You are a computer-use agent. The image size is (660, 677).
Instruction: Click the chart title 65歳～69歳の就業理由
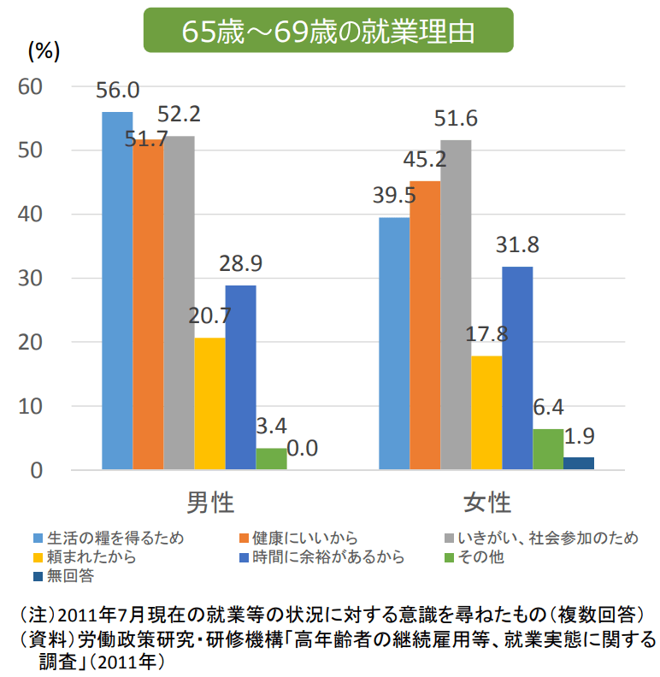(x=328, y=32)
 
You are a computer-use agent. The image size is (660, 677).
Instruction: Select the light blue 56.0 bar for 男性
(x=117, y=291)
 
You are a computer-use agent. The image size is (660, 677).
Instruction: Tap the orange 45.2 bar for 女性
(x=425, y=325)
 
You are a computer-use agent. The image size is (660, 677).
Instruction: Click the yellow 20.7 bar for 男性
(x=209, y=403)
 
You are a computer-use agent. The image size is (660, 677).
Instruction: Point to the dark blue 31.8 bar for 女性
(x=517, y=368)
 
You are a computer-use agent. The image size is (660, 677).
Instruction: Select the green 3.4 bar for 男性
(x=271, y=459)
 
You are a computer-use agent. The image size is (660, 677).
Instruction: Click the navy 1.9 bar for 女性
(x=579, y=463)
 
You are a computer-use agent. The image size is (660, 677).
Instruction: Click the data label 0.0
(x=303, y=448)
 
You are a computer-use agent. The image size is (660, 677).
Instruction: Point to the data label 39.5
(x=394, y=196)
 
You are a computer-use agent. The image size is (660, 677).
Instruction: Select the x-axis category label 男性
(x=209, y=502)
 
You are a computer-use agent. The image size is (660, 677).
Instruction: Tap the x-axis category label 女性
(x=486, y=502)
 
